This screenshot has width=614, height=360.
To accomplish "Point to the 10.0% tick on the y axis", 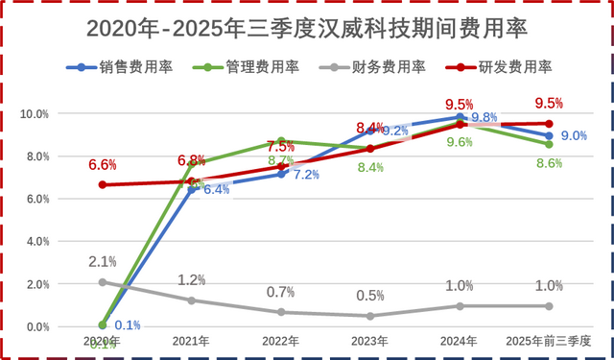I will tap(35, 114).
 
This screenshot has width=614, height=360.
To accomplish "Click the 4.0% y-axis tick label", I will tap(37, 242).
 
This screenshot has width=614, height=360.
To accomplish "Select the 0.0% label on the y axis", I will tap(37, 327).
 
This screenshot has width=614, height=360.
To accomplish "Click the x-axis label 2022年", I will tap(280, 342).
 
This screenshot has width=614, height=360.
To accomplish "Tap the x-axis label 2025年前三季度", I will tap(549, 342).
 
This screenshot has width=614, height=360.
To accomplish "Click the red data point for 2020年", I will tap(102, 184).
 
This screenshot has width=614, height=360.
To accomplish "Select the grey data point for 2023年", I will tap(370, 316).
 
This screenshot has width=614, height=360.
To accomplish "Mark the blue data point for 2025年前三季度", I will tap(549, 135).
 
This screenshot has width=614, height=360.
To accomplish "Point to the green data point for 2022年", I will tap(281, 141).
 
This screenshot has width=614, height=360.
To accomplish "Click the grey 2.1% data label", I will tap(102, 261).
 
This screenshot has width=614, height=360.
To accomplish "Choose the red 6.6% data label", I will tap(102, 165).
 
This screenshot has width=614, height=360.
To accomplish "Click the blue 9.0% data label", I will tap(574, 136).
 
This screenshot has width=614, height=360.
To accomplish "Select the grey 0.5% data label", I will tap(370, 296).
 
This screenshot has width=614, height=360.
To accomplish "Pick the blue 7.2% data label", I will tap(306, 175).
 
